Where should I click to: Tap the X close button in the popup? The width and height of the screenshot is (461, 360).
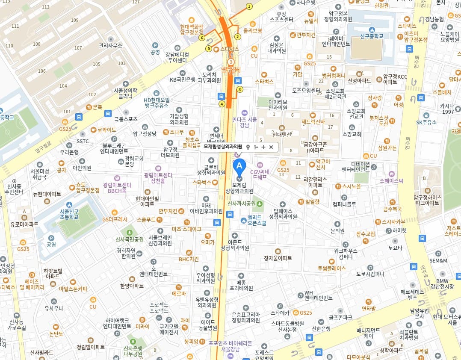click(x=271, y=147)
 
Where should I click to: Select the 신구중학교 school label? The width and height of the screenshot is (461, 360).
click(x=371, y=36)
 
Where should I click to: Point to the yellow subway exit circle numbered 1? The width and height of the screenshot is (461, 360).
click(x=249, y=6)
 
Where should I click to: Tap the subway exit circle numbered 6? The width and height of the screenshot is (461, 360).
click(x=201, y=38)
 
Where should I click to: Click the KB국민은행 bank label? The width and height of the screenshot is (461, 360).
click(x=183, y=79)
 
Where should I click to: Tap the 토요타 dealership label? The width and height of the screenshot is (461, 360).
click(x=395, y=248)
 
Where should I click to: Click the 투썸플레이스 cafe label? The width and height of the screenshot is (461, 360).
click(x=331, y=268)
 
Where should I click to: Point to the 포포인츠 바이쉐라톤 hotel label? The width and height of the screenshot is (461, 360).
click(x=230, y=345)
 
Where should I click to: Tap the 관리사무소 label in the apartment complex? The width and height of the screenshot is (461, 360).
click(x=110, y=45)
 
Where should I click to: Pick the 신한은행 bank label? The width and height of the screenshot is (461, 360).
click(x=321, y=328)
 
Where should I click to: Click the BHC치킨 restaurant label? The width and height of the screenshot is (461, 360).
click(x=189, y=259)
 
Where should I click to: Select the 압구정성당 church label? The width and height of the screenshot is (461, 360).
click(x=145, y=133)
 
